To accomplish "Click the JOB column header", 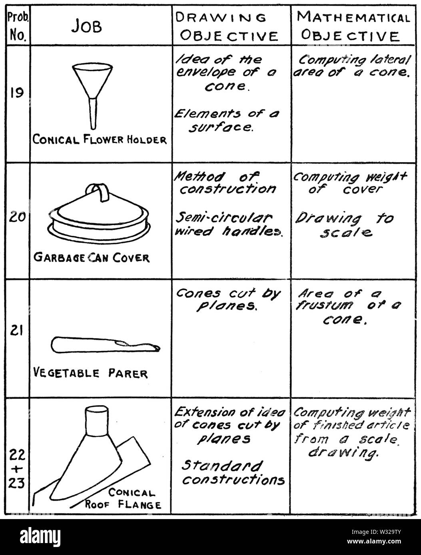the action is pyautogui.click(x=87, y=26).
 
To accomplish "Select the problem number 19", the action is pyautogui.click(x=17, y=92).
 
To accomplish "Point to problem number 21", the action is pyautogui.click(x=16, y=331).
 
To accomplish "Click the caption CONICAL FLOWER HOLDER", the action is pyautogui.click(x=100, y=139).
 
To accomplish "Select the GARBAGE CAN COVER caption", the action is pyautogui.click(x=92, y=258).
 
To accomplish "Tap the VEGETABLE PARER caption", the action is pyautogui.click(x=90, y=373).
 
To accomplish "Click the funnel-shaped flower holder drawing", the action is pyautogui.click(x=93, y=96).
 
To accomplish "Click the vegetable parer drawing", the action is pyautogui.click(x=106, y=345).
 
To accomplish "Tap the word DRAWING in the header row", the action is pyautogui.click(x=221, y=18).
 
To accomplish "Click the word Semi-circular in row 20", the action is pyautogui.click(x=224, y=218).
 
